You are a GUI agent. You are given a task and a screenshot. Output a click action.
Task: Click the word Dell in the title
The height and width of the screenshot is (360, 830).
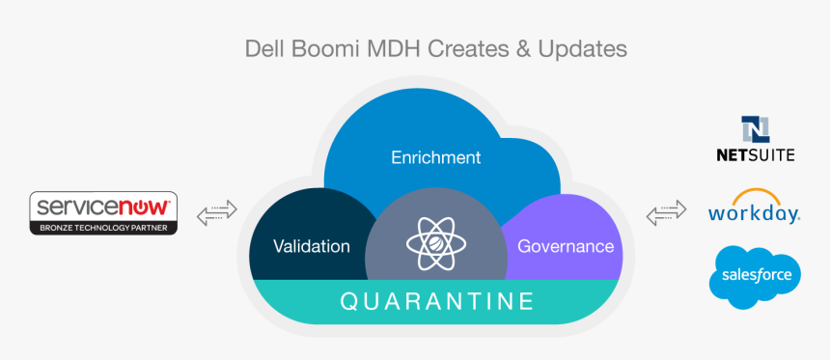pyautogui.click(x=263, y=48)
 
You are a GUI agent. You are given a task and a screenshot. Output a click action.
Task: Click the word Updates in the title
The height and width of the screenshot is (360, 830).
pyautogui.click(x=582, y=48)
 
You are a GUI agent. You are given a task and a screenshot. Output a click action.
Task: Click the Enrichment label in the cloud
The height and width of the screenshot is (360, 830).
pyautogui.click(x=435, y=157)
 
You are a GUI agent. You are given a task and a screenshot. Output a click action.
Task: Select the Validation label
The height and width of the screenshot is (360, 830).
pyautogui.click(x=311, y=246)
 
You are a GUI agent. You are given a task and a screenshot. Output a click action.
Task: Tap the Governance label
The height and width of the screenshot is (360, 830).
pyautogui.click(x=566, y=246)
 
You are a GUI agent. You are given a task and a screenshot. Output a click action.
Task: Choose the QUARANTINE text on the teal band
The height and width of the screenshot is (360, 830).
pyautogui.click(x=436, y=301)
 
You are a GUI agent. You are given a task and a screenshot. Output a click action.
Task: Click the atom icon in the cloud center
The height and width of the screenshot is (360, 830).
pyautogui.click(x=436, y=243)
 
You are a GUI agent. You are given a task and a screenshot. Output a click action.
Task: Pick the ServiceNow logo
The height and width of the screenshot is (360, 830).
pyautogui.click(x=103, y=213)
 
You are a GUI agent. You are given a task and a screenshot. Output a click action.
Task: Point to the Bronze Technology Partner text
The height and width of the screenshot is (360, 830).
pyautogui.click(x=103, y=228)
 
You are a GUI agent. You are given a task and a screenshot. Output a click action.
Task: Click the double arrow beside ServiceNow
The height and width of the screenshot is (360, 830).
pyautogui.click(x=216, y=212)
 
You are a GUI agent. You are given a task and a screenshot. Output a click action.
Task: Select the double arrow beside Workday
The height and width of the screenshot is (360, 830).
pyautogui.click(x=666, y=212)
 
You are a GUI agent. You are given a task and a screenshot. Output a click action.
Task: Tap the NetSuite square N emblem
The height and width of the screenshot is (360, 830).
pyautogui.click(x=756, y=129)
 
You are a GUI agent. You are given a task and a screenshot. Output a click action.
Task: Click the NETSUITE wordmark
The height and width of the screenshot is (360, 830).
pyautogui.click(x=756, y=154)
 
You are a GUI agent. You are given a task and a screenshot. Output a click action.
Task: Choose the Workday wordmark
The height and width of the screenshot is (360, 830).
pyautogui.click(x=755, y=213)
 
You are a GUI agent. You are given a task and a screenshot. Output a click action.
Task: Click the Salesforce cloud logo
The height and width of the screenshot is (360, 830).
pyautogui.click(x=755, y=277)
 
